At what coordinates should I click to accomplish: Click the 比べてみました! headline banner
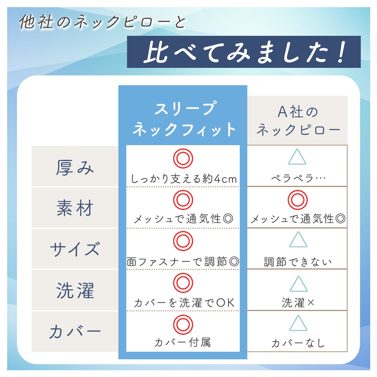coord(244,52)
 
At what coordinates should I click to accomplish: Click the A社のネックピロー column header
coord(298,121)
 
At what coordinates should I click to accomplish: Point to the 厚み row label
coord(75,167)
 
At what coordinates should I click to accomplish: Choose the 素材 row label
coord(75,208)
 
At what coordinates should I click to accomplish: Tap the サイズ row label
coord(75,249)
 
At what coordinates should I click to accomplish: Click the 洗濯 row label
coord(75,290)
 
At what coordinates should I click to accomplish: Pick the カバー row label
coord(75,331)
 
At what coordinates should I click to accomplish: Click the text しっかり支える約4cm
coord(184,179)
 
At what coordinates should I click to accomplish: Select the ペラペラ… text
coord(298,178)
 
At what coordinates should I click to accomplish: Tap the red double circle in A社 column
coord(298,200)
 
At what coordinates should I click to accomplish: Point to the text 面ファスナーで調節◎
coord(183,262)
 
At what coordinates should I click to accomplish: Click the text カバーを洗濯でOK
coord(184,303)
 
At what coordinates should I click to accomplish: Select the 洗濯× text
coord(298,303)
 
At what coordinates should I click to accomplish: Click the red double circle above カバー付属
coord(183,325)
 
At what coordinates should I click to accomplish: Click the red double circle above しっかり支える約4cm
coord(183,158)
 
